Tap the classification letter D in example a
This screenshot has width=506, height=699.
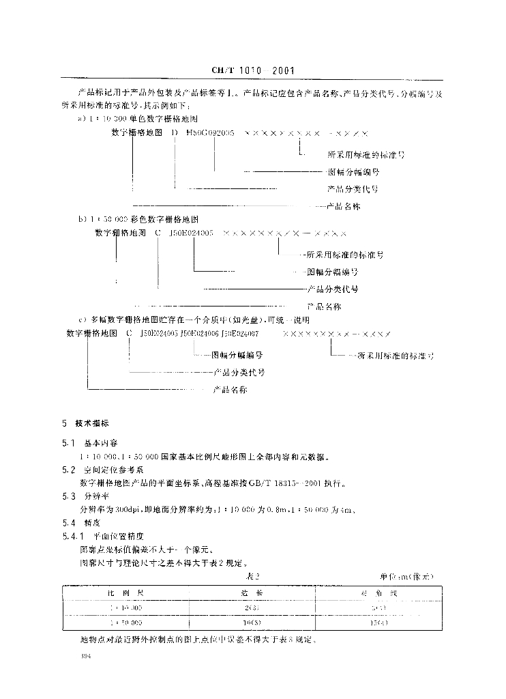174,134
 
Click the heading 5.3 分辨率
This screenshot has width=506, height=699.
86,496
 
